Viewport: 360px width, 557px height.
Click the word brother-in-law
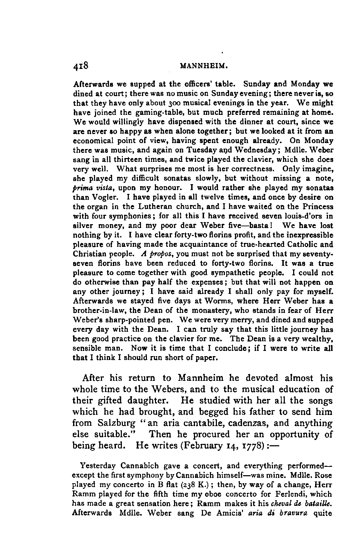tap(100, 310)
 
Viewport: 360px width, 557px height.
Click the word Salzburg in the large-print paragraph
tap(116, 423)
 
